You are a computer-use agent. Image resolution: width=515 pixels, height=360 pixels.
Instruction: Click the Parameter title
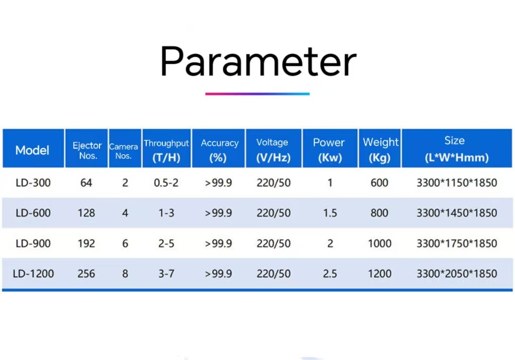pos(258,62)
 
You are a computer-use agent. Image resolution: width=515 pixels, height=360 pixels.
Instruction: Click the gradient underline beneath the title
pos(257,94)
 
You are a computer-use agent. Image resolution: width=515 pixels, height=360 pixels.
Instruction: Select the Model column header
pos(32,150)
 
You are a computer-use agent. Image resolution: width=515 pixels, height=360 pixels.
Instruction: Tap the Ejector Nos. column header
pos(87,150)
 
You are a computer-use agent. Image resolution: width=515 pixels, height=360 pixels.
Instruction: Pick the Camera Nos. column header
pos(124,151)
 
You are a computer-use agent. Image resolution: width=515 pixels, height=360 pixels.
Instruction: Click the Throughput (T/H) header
pos(166,150)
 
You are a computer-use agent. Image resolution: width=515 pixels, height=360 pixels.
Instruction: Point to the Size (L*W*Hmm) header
pos(457,149)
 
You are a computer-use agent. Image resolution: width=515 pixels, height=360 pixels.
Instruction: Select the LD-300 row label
pos(33,183)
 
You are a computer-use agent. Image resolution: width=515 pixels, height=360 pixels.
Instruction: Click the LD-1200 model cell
pos(33,274)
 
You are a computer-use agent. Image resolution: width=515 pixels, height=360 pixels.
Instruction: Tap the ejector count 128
pos(87,213)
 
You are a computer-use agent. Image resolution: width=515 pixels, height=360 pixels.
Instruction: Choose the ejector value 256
pos(87,274)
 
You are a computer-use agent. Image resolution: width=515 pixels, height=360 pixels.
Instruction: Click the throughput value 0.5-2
pos(166,183)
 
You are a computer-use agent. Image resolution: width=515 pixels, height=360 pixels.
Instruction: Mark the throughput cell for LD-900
pos(166,243)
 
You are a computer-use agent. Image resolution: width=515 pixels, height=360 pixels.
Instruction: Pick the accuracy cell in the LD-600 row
pos(218,213)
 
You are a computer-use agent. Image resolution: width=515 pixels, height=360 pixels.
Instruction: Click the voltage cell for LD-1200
pos(274,274)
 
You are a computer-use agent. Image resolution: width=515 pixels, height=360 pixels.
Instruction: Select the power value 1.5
pos(330,213)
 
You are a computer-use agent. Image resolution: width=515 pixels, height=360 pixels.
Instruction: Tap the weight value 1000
pos(380,243)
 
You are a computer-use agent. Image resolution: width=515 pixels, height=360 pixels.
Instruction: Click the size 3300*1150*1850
pos(457,183)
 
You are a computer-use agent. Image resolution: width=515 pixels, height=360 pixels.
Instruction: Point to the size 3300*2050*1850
pos(457,274)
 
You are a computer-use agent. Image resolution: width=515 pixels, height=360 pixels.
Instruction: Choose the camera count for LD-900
pos(125,243)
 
